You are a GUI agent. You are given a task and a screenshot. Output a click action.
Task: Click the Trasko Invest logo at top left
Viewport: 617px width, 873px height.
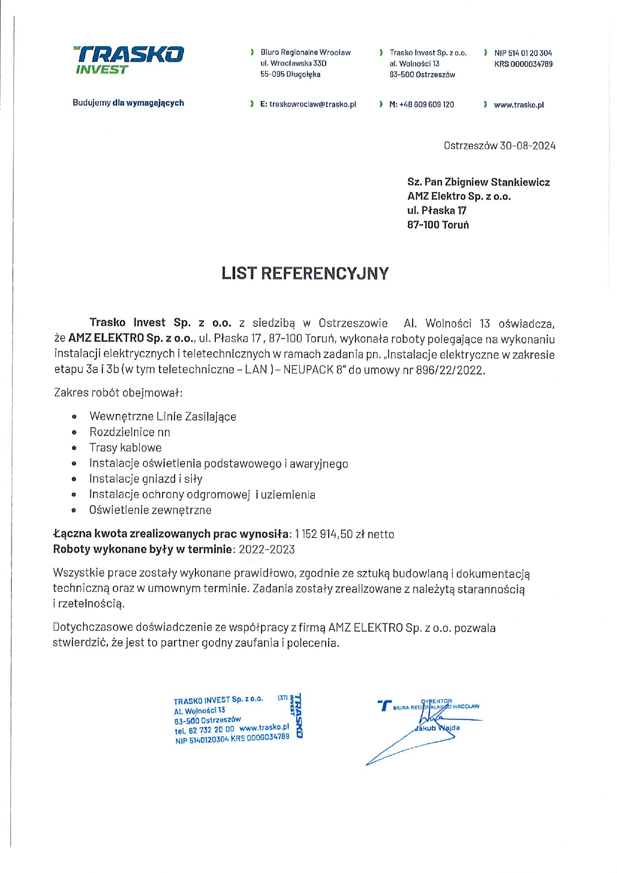point(129,60)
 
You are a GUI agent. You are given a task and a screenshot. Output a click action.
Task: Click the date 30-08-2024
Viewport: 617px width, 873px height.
point(528,146)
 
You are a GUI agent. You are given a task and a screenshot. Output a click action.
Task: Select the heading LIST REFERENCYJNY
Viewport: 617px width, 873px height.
point(305,274)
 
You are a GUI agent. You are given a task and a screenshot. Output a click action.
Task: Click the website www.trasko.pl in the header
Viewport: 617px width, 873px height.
point(519,105)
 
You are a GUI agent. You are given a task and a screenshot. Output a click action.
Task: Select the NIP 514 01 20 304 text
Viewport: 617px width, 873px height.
point(523,53)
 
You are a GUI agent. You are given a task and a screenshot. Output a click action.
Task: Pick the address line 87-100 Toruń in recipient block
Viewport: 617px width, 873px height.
point(438,225)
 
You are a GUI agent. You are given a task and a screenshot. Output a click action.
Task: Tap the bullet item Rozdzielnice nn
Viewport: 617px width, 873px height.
point(129,432)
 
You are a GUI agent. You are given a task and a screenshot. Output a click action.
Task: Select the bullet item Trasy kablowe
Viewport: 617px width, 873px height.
point(125,448)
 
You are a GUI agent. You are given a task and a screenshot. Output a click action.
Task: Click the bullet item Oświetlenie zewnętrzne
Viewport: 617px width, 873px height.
point(150,510)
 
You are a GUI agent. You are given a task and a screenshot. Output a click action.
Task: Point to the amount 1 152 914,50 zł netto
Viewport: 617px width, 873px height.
point(344,534)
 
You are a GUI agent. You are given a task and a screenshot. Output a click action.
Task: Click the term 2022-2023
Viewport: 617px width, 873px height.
point(266,550)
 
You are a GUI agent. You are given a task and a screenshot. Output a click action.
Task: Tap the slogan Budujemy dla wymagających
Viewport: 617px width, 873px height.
point(128,103)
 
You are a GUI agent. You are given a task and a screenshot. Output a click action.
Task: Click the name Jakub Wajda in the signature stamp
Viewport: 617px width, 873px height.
point(438,728)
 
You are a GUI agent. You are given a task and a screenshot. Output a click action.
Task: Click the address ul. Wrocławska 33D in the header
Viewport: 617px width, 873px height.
point(293,63)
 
